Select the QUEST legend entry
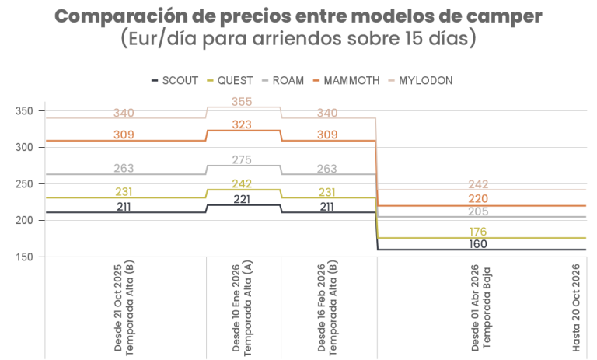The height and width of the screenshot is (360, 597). point(235,80)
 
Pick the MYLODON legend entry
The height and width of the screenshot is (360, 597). point(425,80)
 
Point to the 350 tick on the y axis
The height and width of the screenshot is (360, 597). point(24,111)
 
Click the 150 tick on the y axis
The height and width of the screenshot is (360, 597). point(24,257)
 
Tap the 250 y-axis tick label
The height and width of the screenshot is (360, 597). point(24,184)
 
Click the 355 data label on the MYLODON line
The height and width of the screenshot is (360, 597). point(243,102)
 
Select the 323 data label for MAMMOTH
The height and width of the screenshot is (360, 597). point(243,124)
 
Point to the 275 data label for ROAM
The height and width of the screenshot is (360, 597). point(243,160)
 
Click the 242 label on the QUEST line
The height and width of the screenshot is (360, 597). point(243,183)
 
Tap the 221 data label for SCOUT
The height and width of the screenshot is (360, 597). point(243,199)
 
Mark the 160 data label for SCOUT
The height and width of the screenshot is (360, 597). point(479,244)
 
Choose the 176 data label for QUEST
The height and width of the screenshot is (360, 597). point(479,232)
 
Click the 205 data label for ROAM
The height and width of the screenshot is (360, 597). point(479,211)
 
